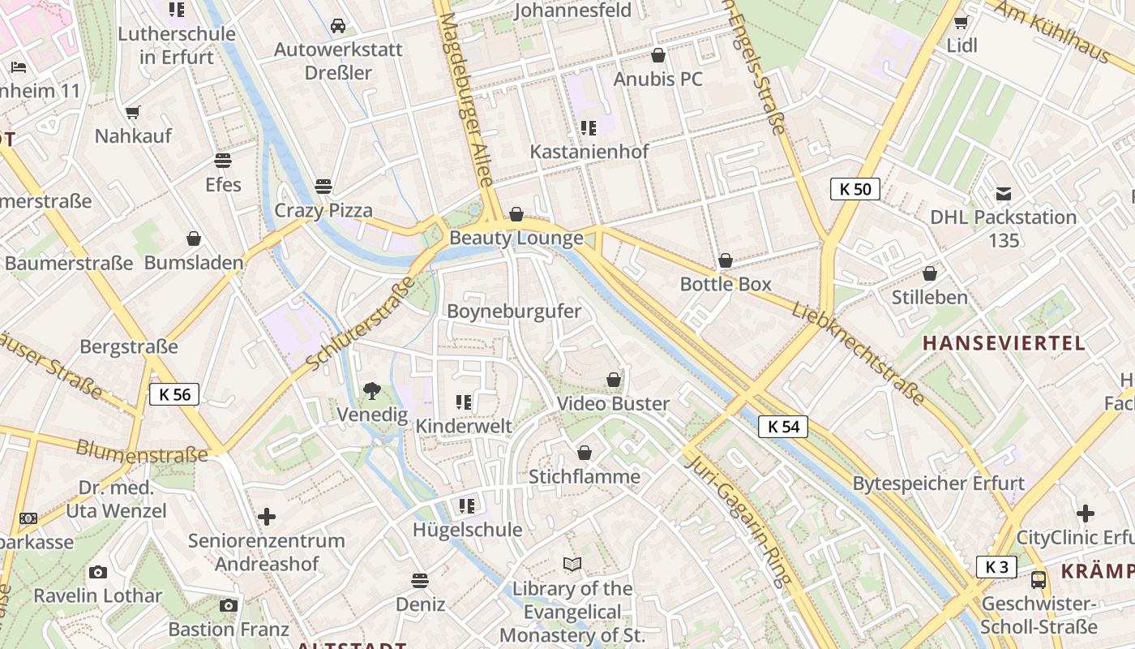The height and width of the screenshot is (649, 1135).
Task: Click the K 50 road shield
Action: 855,190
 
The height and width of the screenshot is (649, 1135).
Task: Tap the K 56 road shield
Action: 174,395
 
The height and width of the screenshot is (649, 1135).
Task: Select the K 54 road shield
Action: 783,427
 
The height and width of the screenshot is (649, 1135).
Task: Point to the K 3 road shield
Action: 996,567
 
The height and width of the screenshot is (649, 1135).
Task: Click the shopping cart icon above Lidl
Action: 962,22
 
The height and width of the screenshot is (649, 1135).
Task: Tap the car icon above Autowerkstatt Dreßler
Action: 338,26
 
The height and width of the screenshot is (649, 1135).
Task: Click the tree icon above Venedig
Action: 372,392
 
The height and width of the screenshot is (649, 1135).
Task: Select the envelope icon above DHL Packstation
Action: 1004,194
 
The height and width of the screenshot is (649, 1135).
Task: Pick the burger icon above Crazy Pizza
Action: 323,187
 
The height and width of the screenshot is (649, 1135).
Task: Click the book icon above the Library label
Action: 572,564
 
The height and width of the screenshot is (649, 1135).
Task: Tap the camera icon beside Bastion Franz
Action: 229,605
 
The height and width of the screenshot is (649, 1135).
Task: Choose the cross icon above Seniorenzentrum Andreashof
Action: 267,516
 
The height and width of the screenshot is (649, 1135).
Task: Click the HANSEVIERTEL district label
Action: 1004,343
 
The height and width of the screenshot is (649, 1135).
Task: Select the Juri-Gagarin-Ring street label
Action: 737,520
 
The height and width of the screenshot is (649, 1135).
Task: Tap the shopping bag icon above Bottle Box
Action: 726,260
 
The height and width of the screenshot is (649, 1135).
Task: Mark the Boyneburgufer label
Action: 514,312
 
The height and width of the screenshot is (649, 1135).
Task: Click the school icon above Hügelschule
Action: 466,506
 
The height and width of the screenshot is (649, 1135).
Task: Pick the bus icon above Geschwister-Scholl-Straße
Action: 1039,580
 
